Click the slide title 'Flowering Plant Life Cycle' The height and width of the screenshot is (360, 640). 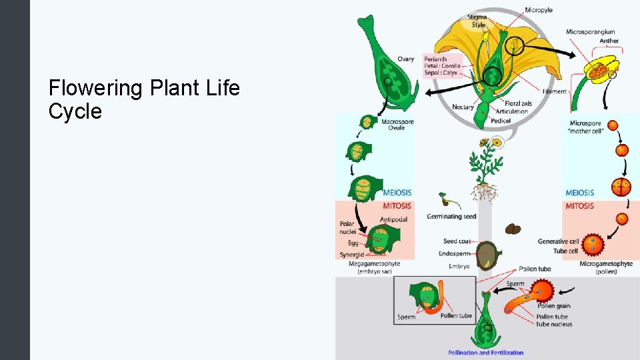click(144, 99)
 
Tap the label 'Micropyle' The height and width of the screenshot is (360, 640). click(538, 10)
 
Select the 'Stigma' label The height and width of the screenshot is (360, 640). click(477, 16)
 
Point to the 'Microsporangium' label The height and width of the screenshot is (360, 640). click(590, 32)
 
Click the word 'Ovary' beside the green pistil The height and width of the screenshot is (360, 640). click(405, 59)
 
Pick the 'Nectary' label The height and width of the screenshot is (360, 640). click(463, 107)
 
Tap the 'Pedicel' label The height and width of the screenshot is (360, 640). click(501, 121)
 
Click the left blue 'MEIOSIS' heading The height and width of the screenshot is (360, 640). click(397, 193)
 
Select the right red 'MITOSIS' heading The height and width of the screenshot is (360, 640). click(579, 206)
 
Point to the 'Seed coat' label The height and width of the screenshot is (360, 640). click(457, 241)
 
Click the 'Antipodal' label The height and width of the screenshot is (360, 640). click(393, 219)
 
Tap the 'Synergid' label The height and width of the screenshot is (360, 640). click(351, 255)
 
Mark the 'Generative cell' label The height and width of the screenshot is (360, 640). click(558, 241)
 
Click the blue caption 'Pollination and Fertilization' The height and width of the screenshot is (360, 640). click(485, 353)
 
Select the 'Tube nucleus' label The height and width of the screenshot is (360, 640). click(553, 325)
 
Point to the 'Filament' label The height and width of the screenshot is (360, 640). click(555, 92)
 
